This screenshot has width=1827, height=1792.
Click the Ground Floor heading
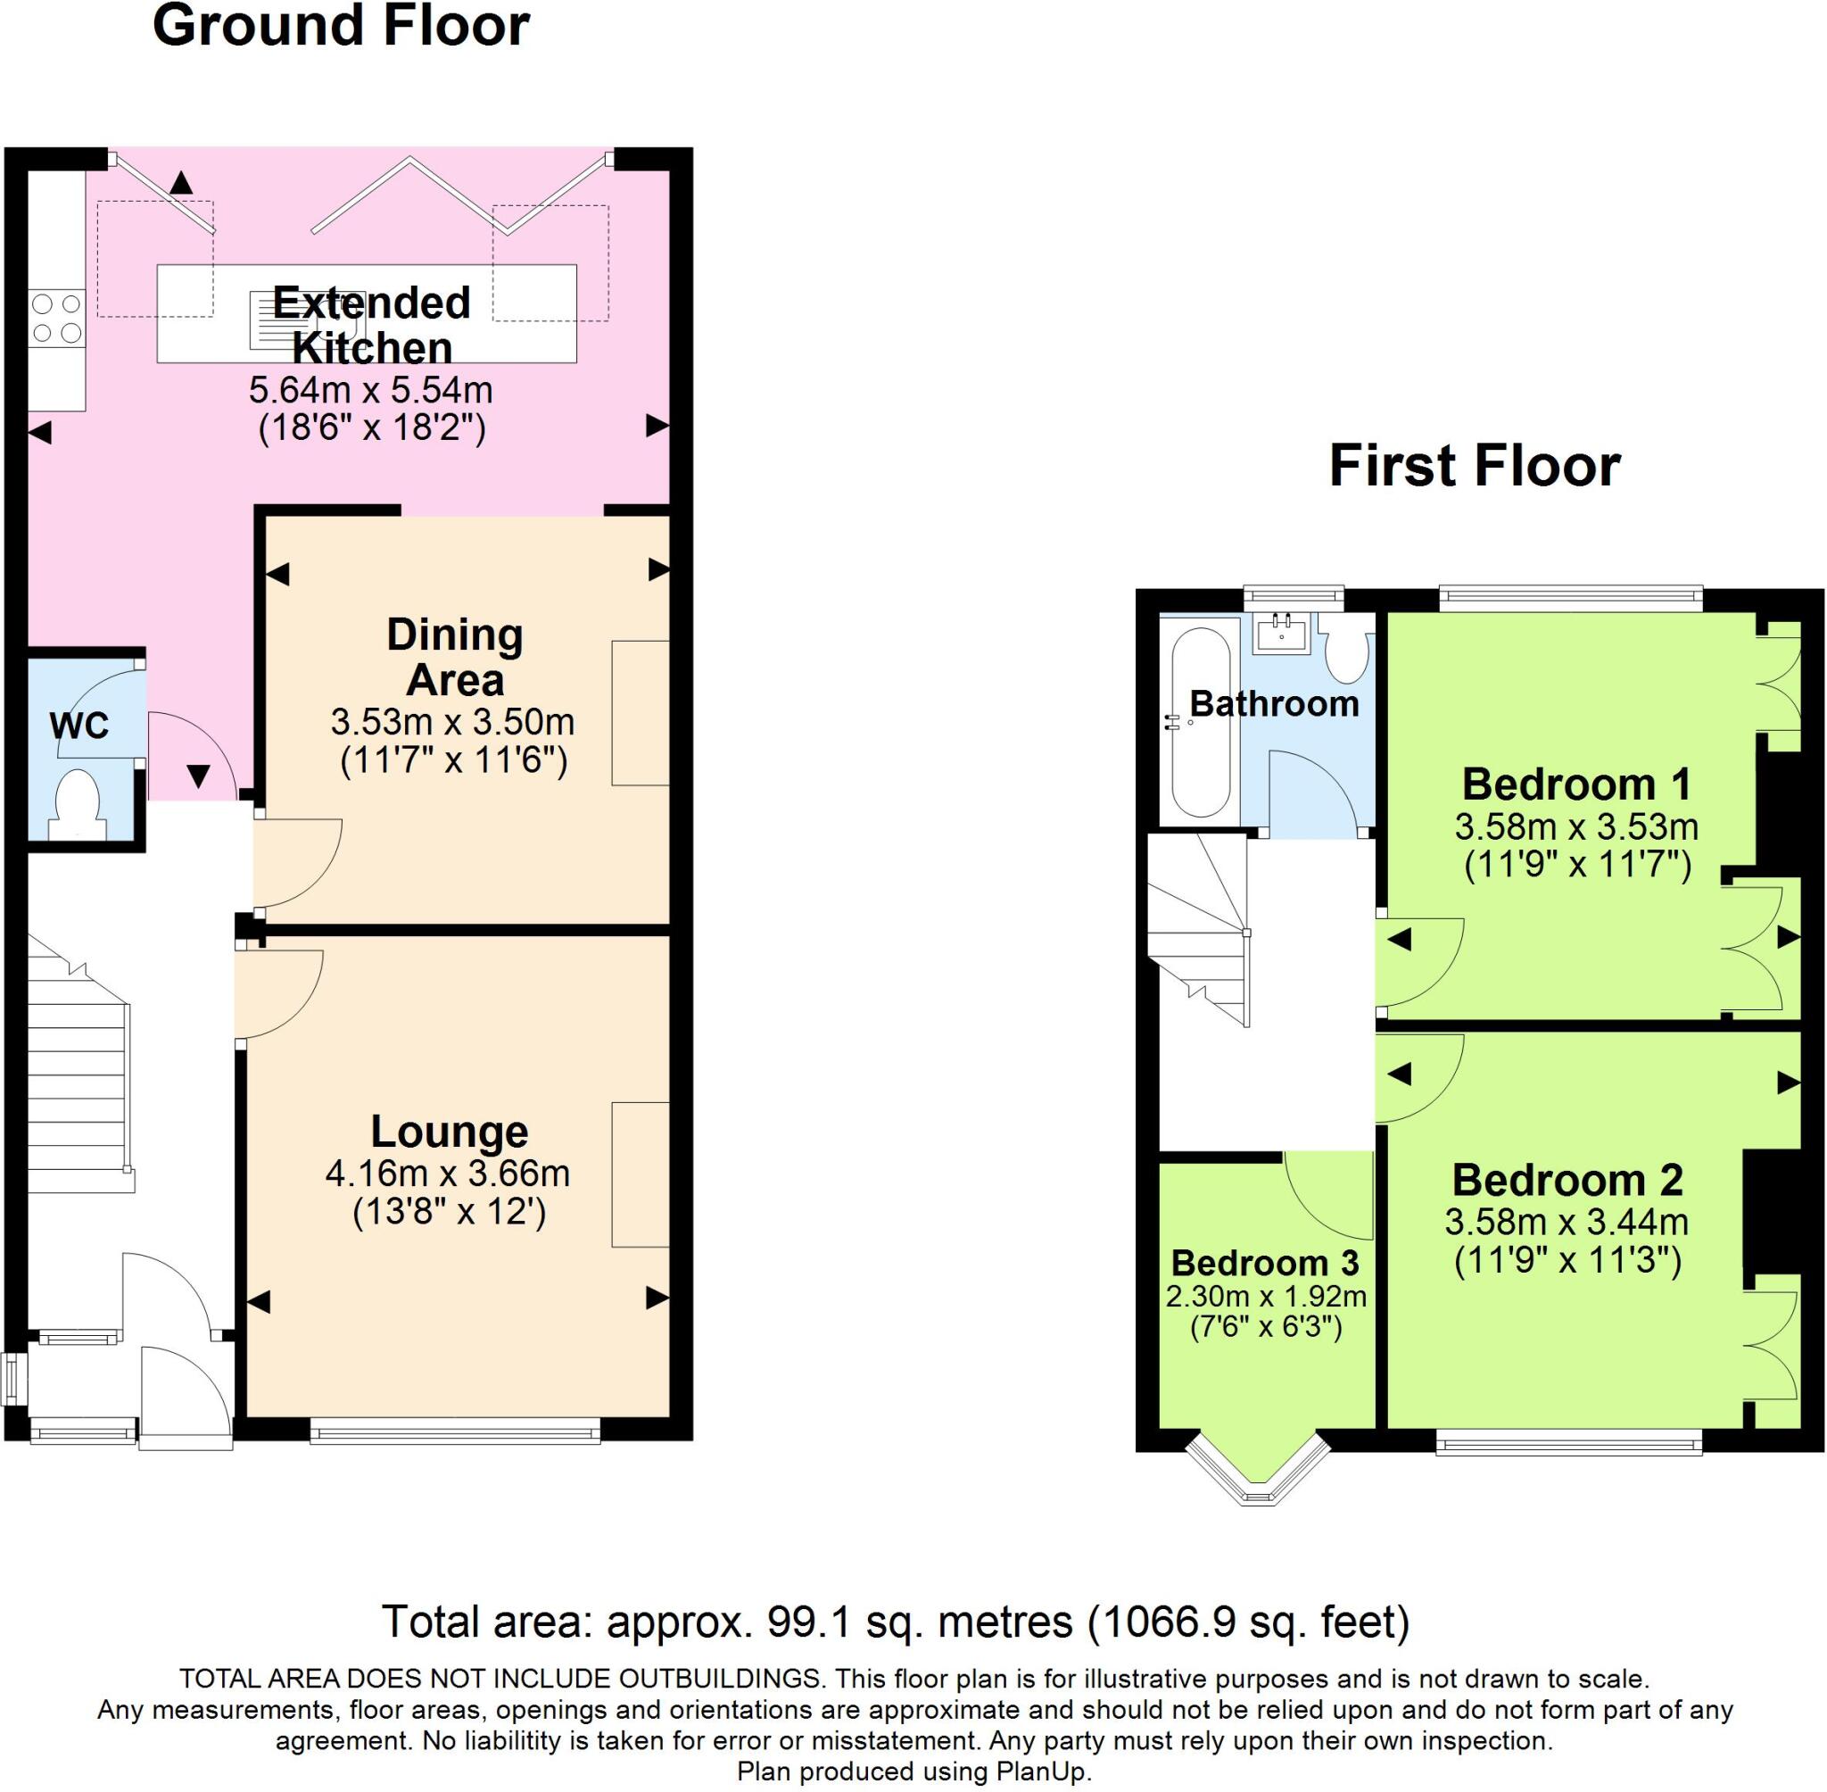pyautogui.click(x=341, y=27)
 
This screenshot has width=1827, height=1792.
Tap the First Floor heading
pyautogui.click(x=1475, y=466)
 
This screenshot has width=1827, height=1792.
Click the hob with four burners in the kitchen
pyautogui.click(x=56, y=318)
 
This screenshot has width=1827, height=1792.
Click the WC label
pyautogui.click(x=79, y=726)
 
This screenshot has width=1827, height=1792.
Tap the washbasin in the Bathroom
pyautogui.click(x=1280, y=634)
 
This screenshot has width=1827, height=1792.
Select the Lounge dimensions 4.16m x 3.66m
pyautogui.click(x=448, y=1174)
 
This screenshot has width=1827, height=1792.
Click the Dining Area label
pyautogui.click(x=455, y=657)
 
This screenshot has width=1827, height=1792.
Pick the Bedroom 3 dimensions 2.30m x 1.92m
pyautogui.click(x=1265, y=1296)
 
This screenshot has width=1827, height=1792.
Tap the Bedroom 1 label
pyautogui.click(x=1575, y=784)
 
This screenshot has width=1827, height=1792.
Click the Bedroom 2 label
pyautogui.click(x=1567, y=1179)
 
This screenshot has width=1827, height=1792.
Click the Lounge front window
pyautogui.click(x=455, y=1433)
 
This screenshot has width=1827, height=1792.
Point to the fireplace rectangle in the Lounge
pyautogui.click(x=640, y=1174)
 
